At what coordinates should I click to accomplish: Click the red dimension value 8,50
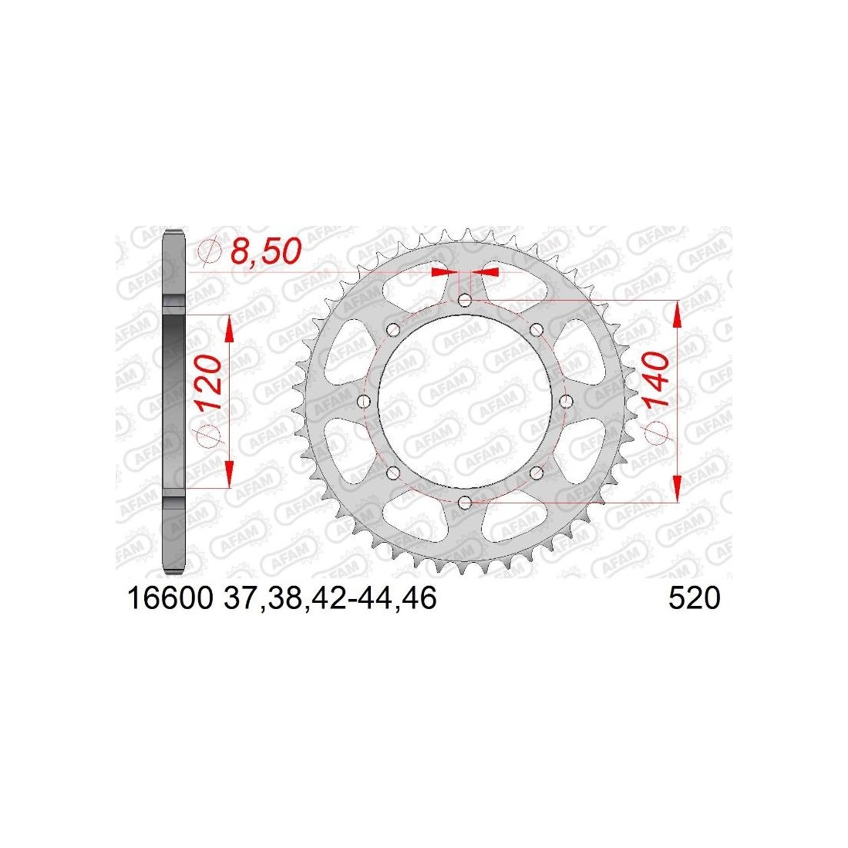[266, 251]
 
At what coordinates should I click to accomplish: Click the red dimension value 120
[209, 382]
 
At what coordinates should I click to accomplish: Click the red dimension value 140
[655, 379]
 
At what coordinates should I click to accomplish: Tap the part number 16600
[170, 599]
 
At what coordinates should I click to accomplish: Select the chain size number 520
[695, 599]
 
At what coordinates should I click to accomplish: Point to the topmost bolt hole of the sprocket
[465, 300]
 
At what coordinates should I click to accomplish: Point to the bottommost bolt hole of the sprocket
[465, 503]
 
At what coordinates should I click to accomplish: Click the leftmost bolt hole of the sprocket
[364, 402]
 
